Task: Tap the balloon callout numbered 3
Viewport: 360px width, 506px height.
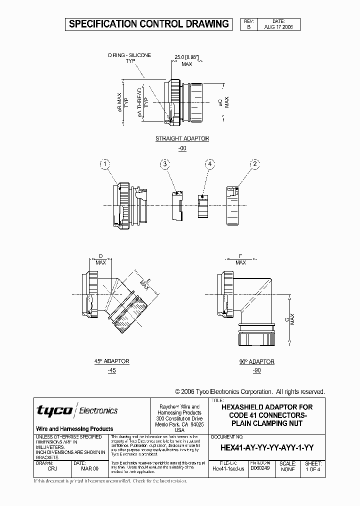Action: click(x=165, y=163)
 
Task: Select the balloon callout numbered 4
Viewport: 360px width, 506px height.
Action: click(x=210, y=163)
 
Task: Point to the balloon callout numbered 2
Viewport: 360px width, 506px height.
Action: click(x=255, y=163)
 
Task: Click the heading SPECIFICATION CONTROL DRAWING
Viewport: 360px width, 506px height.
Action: click(x=148, y=23)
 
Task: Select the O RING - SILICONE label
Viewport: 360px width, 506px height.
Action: click(x=129, y=55)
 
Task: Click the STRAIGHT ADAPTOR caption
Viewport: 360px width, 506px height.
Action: click(x=182, y=138)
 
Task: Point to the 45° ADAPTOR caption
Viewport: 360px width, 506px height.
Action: click(x=112, y=361)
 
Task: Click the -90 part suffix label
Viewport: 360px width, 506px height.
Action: click(x=257, y=370)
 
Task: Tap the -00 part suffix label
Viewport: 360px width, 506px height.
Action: click(x=182, y=148)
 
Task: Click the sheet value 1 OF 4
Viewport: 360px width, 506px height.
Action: click(x=312, y=469)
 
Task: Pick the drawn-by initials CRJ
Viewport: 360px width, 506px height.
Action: click(x=52, y=469)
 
